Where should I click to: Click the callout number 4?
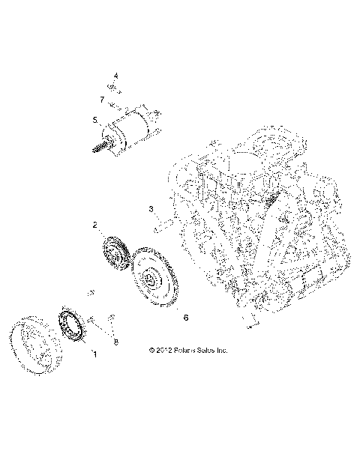coord(116,76)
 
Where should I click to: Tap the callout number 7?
coord(101,99)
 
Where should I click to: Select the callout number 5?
coord(95,120)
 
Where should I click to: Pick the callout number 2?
coord(95,224)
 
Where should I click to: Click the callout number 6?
coord(185,318)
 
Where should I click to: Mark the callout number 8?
coord(116,342)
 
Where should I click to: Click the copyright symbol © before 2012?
coord(151,350)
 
